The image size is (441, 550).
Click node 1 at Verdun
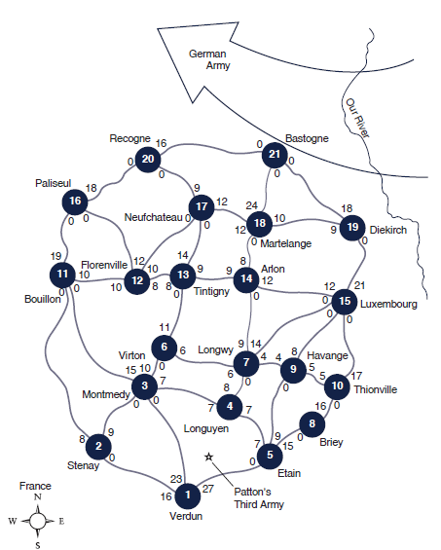click(188, 495)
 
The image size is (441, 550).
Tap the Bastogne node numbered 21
click(275, 155)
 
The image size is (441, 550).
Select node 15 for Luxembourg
click(345, 302)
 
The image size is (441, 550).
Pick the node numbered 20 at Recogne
click(148, 160)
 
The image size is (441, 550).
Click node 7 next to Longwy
click(246, 363)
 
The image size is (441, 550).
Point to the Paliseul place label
click(53, 183)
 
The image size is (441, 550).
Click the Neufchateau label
click(154, 217)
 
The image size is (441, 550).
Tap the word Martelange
click(285, 243)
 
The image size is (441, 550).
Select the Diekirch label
click(388, 230)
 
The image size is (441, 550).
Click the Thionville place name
click(376, 389)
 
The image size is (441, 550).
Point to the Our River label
click(358, 118)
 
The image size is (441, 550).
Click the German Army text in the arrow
click(209, 59)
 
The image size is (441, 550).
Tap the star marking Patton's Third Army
click(208, 458)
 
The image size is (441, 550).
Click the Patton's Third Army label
click(259, 498)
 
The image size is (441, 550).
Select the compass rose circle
click(37, 521)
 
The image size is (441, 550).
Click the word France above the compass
click(35, 486)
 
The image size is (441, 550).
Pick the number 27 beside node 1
click(207, 489)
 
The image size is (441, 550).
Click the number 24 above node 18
click(251, 205)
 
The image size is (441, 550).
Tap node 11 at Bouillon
click(62, 275)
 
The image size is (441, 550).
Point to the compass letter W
click(13, 521)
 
